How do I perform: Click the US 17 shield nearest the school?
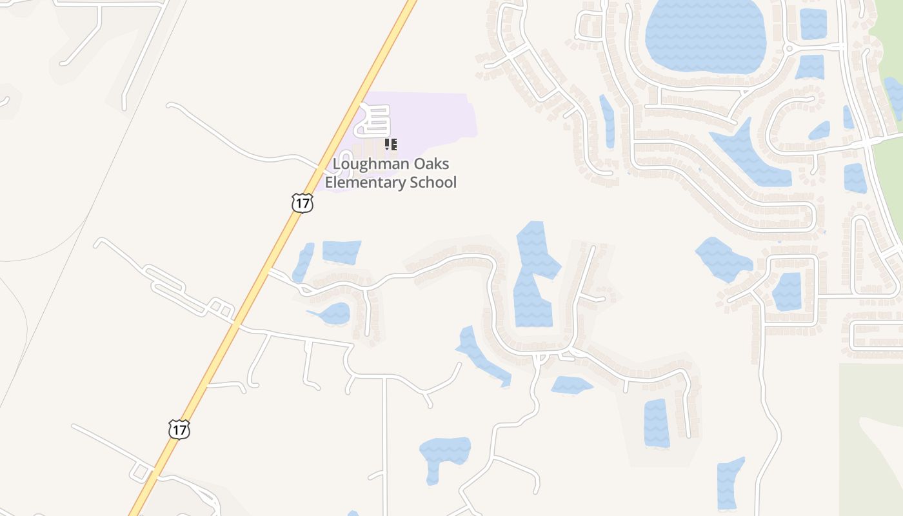point(302,203)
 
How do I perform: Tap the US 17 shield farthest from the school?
point(179,429)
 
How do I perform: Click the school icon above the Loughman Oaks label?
point(390,144)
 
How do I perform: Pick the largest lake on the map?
point(705,35)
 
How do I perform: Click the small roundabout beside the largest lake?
point(788,48)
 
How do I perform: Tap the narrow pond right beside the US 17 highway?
point(303,262)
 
